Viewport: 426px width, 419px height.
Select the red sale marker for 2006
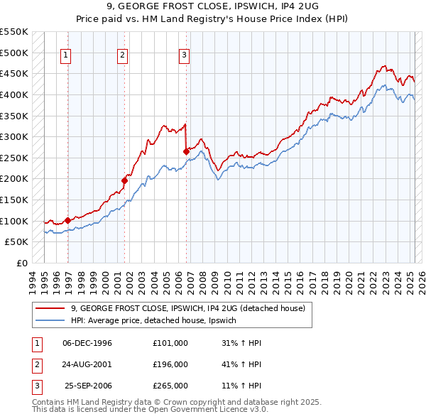click(x=186, y=151)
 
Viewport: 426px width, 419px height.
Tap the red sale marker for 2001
click(x=124, y=180)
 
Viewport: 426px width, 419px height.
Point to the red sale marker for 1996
click(x=68, y=220)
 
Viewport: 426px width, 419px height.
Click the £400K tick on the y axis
click(x=14, y=94)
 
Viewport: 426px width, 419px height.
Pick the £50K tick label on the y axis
click(x=17, y=242)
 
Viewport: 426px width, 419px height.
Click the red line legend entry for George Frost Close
click(x=188, y=308)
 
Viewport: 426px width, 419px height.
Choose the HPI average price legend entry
click(x=158, y=321)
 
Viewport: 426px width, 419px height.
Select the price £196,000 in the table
click(x=170, y=364)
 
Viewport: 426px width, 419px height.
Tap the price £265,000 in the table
click(x=170, y=386)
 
